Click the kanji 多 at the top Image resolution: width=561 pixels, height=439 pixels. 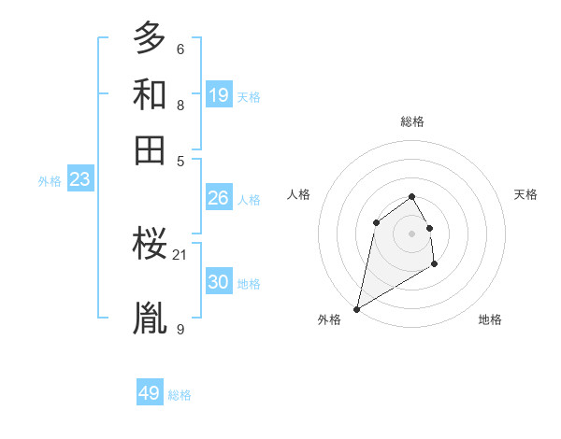(150, 38)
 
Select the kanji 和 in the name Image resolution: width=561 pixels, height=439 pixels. (150, 94)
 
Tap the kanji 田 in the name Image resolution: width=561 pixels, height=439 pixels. (150, 149)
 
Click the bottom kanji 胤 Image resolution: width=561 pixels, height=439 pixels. (150, 318)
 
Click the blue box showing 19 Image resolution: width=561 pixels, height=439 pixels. (219, 95)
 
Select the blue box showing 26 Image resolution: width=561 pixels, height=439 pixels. (219, 198)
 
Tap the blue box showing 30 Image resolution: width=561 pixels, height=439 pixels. (219, 282)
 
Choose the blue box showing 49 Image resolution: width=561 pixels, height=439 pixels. (150, 393)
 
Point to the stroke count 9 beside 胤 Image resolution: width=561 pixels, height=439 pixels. (180, 329)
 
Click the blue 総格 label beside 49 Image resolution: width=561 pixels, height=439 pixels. (180, 395)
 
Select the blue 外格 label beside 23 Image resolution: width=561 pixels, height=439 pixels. (50, 181)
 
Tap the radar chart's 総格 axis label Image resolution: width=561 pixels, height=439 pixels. (412, 121)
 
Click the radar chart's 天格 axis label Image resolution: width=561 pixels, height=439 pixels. (526, 194)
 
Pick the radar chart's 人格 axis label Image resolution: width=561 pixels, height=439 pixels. (298, 194)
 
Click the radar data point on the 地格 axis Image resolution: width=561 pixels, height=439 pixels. (434, 264)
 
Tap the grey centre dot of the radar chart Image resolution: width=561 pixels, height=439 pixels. (412, 233)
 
